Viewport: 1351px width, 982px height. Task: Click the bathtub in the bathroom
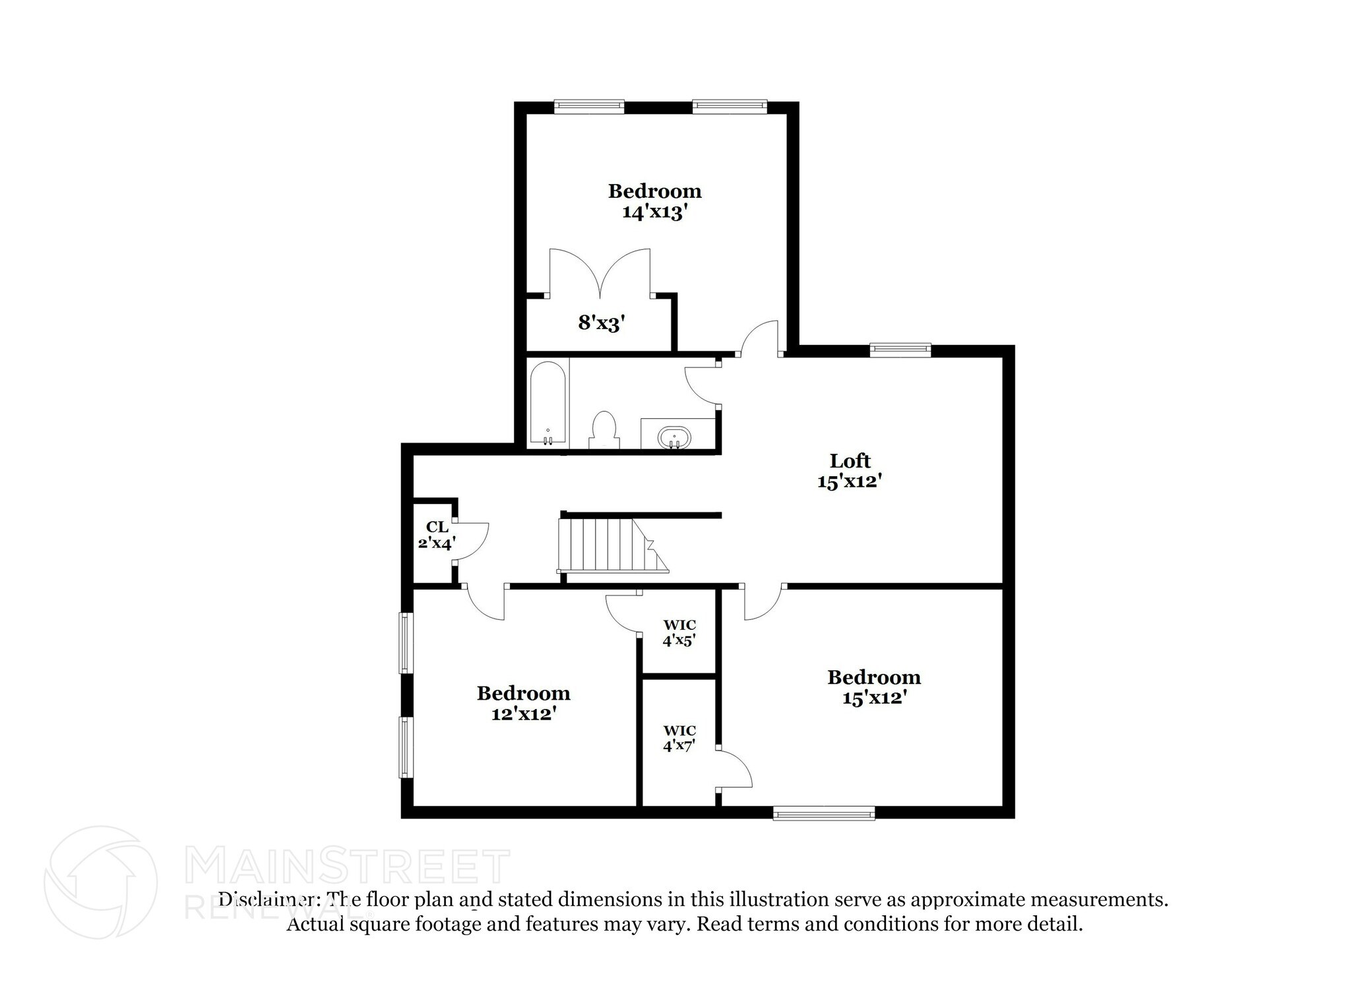coord(548,404)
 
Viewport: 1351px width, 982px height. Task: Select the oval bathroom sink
coord(674,437)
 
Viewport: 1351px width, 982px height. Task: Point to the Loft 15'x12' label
coord(850,471)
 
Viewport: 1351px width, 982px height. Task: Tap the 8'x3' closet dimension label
coord(601,323)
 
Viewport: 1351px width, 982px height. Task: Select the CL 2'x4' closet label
coord(437,535)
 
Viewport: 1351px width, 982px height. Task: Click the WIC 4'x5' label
coord(679,632)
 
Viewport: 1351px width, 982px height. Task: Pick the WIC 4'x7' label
coord(679,738)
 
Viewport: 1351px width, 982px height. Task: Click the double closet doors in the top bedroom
coord(600,273)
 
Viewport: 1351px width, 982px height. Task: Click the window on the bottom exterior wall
coord(824,814)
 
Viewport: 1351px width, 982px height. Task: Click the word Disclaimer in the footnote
coord(270,900)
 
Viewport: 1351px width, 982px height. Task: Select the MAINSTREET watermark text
coord(348,866)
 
